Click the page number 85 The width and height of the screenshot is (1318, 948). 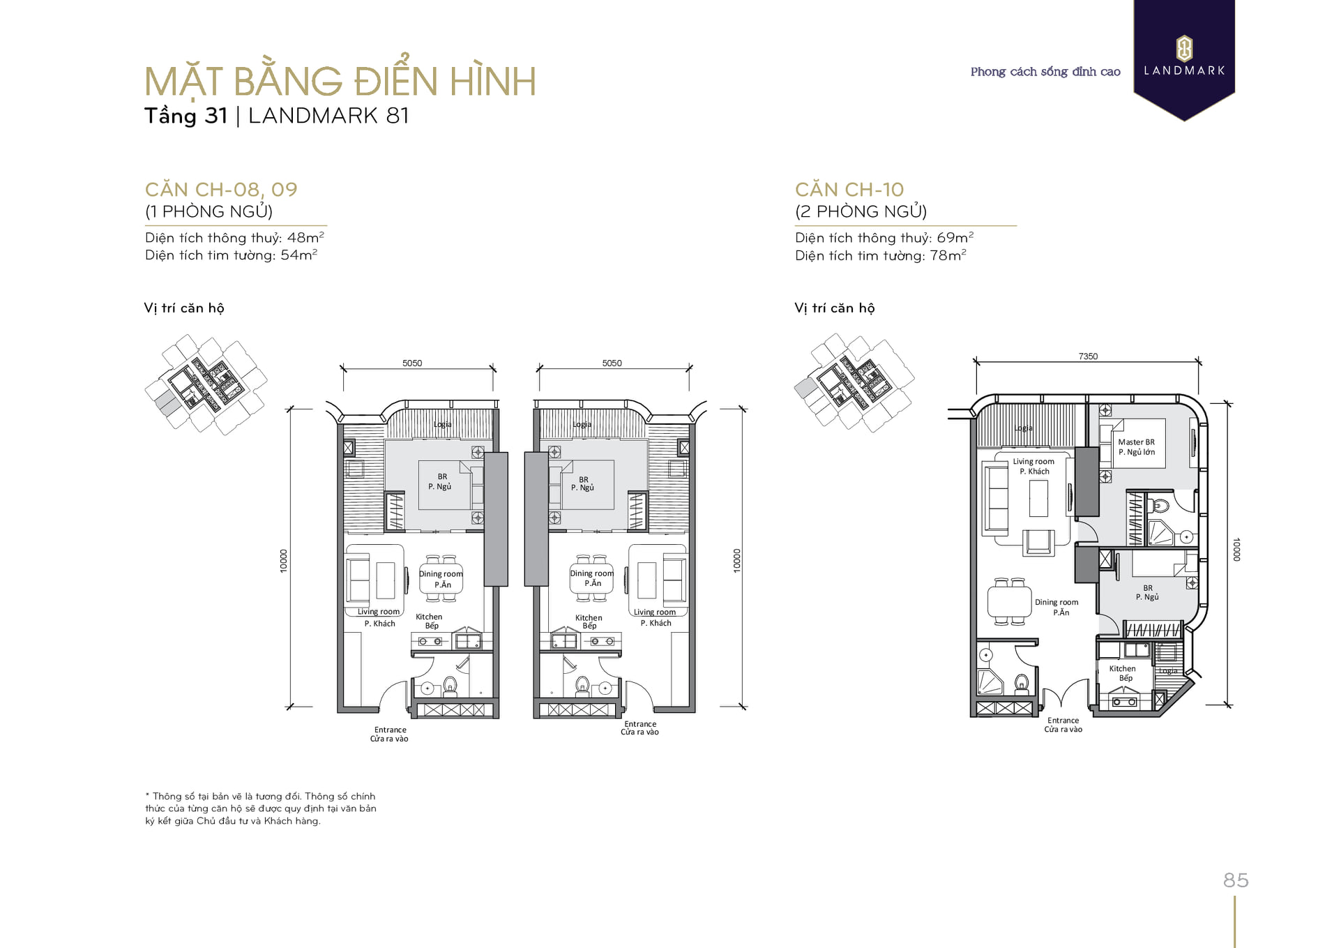pyautogui.click(x=1236, y=880)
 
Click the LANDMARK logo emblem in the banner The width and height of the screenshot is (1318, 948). pyautogui.click(x=1184, y=49)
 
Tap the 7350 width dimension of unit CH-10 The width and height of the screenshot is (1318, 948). pyautogui.click(x=1088, y=356)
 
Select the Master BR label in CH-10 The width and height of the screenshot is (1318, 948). pyautogui.click(x=1136, y=442)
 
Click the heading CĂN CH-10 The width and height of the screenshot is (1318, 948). pyautogui.click(x=849, y=189)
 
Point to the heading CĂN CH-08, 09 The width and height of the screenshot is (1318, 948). pyautogui.click(x=221, y=189)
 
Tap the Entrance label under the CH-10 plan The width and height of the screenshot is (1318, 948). pyautogui.click(x=1063, y=721)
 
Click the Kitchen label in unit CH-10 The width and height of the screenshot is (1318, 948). pyautogui.click(x=1122, y=668)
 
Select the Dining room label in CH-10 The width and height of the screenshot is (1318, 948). pyautogui.click(x=1056, y=602)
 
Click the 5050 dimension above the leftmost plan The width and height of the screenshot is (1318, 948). pyautogui.click(x=412, y=363)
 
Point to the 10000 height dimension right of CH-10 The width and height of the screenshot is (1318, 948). pyautogui.click(x=1236, y=549)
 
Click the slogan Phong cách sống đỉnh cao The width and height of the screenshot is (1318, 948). pyautogui.click(x=1045, y=72)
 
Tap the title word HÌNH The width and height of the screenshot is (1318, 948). pyautogui.click(x=493, y=81)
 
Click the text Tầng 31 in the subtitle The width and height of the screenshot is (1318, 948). pyautogui.click(x=185, y=116)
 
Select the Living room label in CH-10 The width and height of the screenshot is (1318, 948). pyautogui.click(x=1033, y=462)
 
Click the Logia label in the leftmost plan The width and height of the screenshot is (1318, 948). pyautogui.click(x=442, y=424)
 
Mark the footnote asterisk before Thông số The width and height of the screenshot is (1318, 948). pyautogui.click(x=147, y=795)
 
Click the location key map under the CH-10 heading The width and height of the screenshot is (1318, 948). pyautogui.click(x=854, y=382)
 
